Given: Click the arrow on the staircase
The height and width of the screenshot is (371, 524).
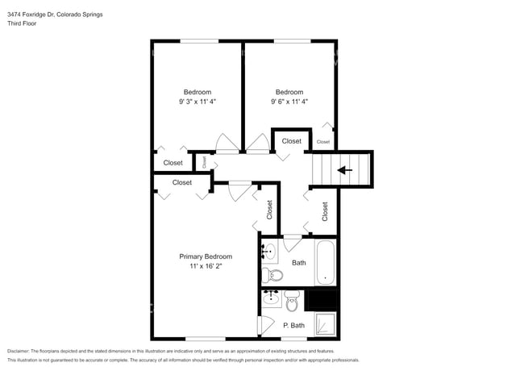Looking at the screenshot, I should pos(344,170).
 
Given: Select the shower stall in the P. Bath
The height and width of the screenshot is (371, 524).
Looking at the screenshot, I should pos(325,324).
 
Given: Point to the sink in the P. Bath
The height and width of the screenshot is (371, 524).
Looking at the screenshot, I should pos(272,298).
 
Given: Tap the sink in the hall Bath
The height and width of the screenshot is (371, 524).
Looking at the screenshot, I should pos(268,252).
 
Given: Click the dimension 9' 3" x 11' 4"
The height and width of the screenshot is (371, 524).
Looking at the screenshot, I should pos(198,102).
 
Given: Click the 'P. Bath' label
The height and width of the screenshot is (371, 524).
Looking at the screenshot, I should pos(293,325).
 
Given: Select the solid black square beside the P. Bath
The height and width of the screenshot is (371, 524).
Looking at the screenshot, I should pos(321,300).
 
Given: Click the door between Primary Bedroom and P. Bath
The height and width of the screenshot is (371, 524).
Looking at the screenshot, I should pos(260,325).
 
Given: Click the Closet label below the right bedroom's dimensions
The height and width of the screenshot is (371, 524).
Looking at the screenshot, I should pos(291,141).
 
